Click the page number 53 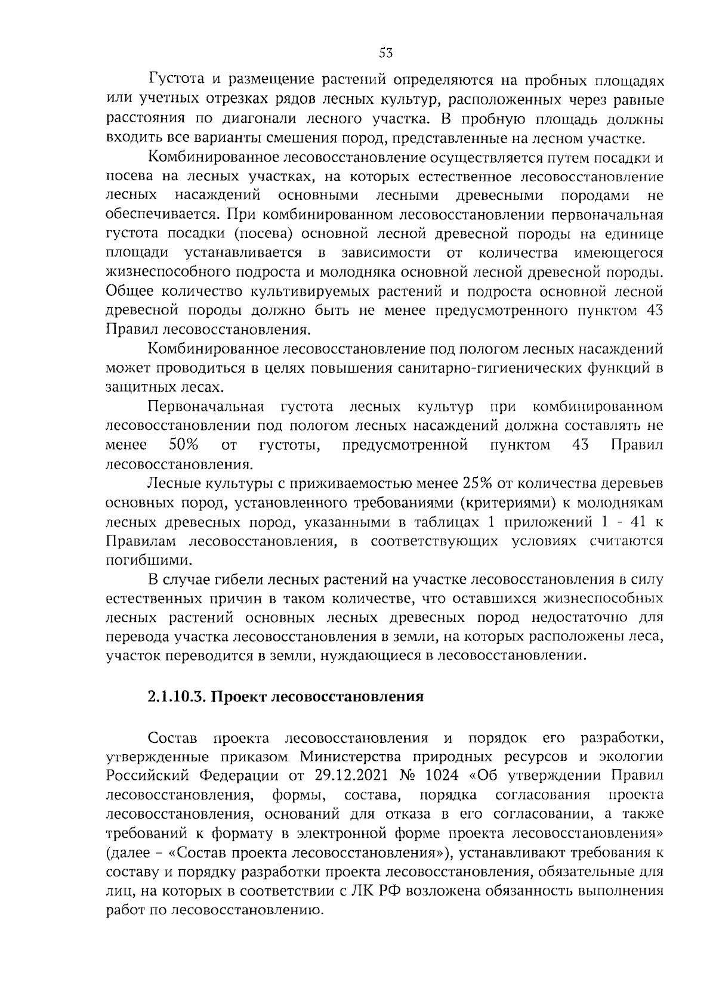click(x=385, y=53)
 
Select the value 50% click(x=184, y=444)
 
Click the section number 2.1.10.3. click(x=176, y=696)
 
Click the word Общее click(x=129, y=292)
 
